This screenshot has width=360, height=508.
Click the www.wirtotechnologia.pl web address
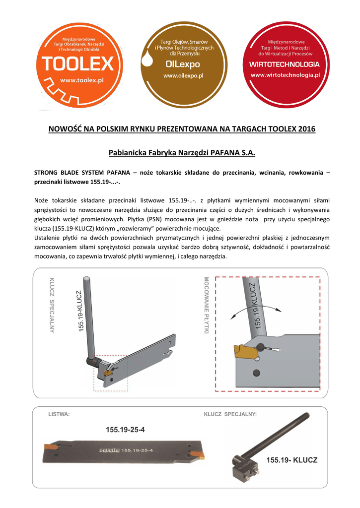pos(285,75)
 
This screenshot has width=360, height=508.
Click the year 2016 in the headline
pos(306,130)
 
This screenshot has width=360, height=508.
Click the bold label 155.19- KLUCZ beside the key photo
pos(292,460)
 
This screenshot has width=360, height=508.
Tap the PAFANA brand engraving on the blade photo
pos(110,450)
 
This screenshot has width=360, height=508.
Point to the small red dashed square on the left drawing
pos(111,372)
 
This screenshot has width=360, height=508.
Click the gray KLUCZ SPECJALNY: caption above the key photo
pos(230,414)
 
